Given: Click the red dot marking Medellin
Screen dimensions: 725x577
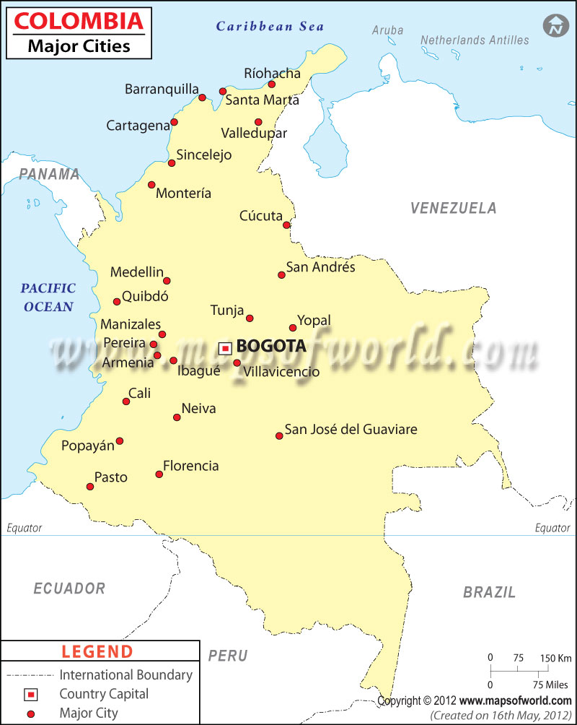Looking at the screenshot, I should [x=167, y=281].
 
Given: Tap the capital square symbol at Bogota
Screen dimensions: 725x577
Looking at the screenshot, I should [x=225, y=348].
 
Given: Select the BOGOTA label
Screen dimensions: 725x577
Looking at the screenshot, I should [x=271, y=347].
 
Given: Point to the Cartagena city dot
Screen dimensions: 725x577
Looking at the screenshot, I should [x=174, y=122].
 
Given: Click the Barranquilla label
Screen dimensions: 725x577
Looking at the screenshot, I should [x=162, y=89].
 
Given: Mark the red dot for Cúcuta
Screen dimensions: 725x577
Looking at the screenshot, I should [x=286, y=225].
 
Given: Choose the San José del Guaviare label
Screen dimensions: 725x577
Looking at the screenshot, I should [x=351, y=430].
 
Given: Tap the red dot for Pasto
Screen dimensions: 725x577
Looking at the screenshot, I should [x=90, y=487].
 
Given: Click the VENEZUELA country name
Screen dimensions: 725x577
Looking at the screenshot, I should [x=453, y=208].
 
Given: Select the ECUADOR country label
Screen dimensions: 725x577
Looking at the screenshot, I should [x=69, y=589].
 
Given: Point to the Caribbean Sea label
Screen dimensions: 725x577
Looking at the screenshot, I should [x=270, y=27].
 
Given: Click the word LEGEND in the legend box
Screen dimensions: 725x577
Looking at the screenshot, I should [x=97, y=651].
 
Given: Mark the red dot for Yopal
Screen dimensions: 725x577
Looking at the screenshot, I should [x=293, y=327].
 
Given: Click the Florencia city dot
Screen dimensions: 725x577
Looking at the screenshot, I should [x=159, y=474].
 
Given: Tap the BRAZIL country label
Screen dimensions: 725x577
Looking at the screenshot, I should [x=489, y=592].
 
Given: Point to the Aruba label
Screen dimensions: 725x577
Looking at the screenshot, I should [x=388, y=30].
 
